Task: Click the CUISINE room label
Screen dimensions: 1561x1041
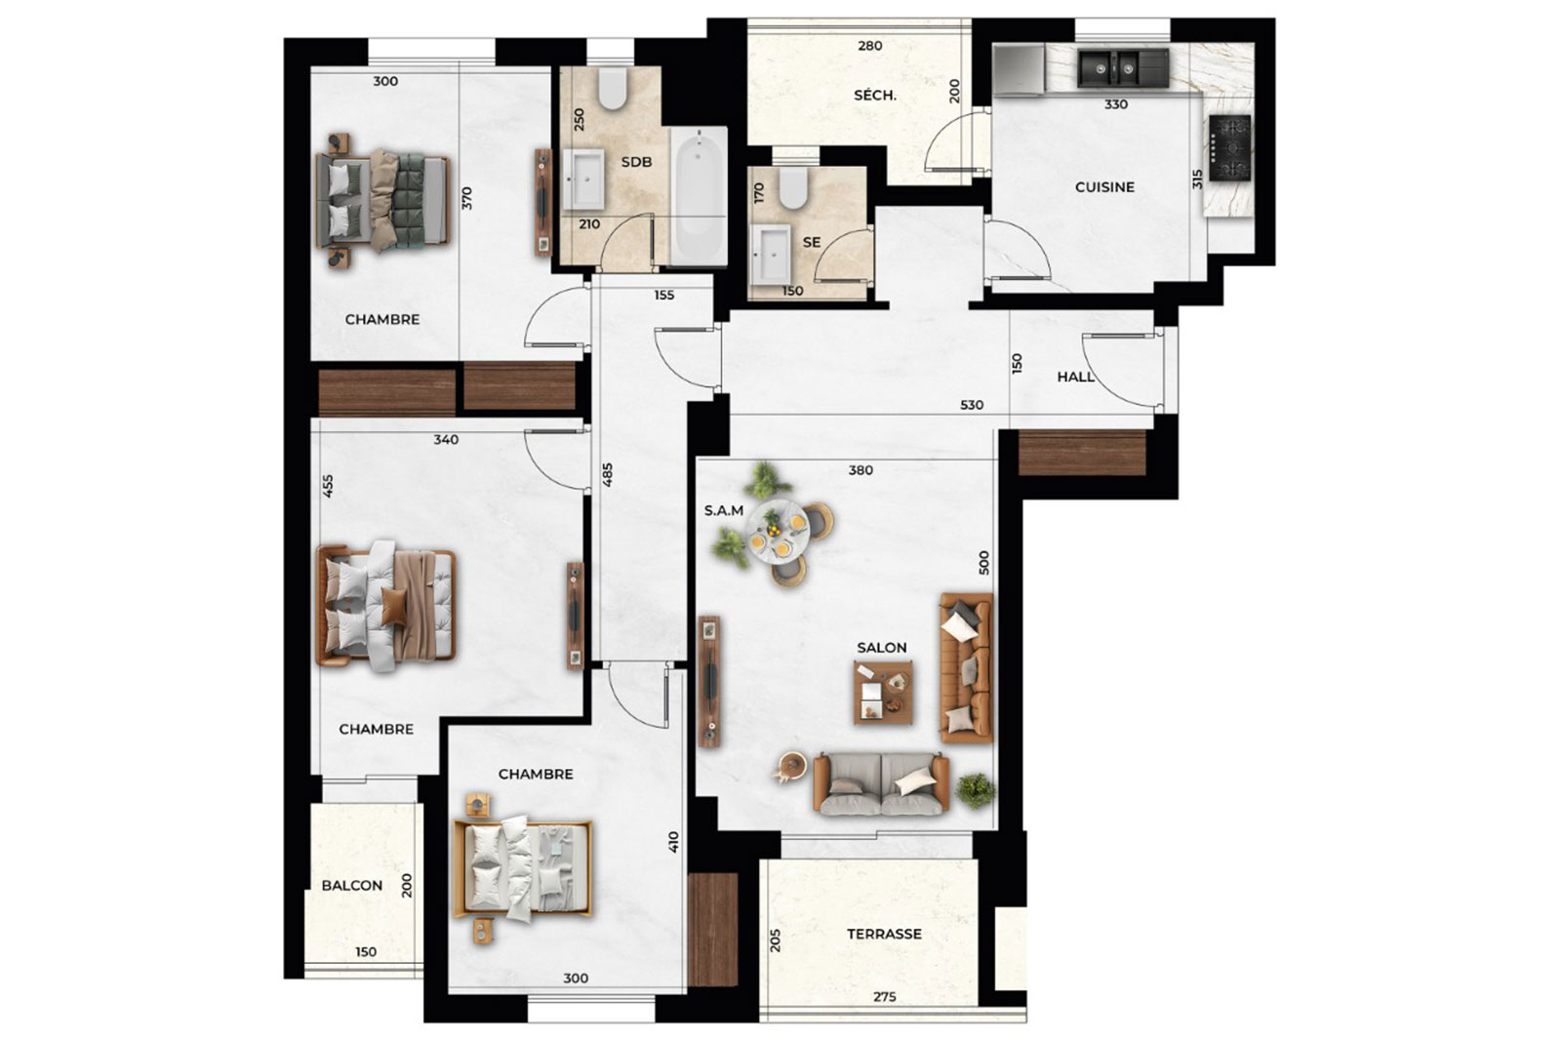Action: click(x=1104, y=186)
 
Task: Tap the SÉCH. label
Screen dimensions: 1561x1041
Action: click(x=875, y=96)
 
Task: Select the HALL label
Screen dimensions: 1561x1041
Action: click(x=1075, y=377)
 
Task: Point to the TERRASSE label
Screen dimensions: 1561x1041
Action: click(x=884, y=934)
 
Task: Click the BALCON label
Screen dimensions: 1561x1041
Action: click(x=352, y=885)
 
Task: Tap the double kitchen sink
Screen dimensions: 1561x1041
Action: click(x=1123, y=67)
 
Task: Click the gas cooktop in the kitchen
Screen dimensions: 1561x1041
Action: click(x=1230, y=147)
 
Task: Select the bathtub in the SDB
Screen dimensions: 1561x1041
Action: click(x=699, y=196)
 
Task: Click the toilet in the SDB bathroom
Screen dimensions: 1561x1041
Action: click(x=613, y=88)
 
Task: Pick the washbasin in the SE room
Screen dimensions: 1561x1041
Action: click(x=771, y=255)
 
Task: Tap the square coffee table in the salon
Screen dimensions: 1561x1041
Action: click(x=884, y=693)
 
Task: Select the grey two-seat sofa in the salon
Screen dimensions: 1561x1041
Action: click(x=882, y=783)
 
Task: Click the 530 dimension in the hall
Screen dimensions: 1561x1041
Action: click(x=972, y=405)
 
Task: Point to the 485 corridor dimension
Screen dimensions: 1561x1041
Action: click(x=607, y=474)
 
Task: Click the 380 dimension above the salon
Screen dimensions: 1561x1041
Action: click(x=861, y=470)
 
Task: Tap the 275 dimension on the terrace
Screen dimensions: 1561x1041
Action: click(x=884, y=997)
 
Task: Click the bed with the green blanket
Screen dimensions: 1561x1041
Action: click(x=382, y=201)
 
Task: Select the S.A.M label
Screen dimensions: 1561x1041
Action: click(x=723, y=511)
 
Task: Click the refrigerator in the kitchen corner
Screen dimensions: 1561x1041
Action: click(x=1019, y=69)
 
